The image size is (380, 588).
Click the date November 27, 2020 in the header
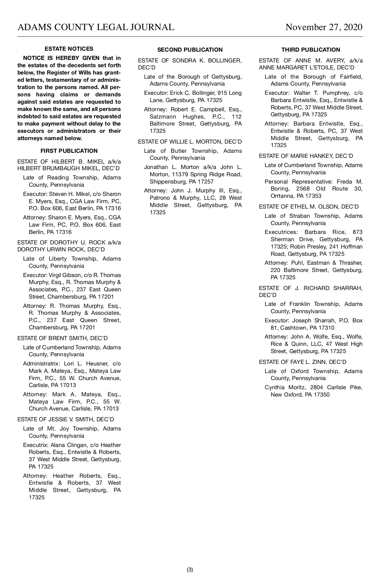pyautogui.click(x=324, y=27)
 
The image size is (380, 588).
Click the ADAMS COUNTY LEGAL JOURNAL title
pyautogui.click(x=96, y=27)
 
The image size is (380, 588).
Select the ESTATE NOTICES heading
pyautogui.click(x=69, y=49)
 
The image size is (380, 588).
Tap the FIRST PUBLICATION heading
pyautogui.click(x=69, y=151)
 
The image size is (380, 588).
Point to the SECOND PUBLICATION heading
pyautogui.click(x=190, y=50)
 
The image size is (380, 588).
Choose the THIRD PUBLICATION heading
pyautogui.click(x=311, y=50)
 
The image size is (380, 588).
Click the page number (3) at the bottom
pyautogui.click(x=190, y=570)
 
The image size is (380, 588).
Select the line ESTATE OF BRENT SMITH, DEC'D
pyautogui.click(x=62, y=338)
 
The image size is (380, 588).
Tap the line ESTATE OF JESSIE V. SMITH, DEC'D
pyautogui.click(x=66, y=419)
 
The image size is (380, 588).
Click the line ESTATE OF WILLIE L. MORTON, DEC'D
pyautogui.click(x=190, y=142)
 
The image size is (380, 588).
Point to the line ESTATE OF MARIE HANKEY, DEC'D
pyautogui.click(x=306, y=156)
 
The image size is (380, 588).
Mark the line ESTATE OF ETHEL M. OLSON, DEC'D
pyautogui.click(x=309, y=207)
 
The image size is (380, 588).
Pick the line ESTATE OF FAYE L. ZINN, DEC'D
pyautogui.click(x=303, y=362)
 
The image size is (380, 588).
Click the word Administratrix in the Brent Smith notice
pyautogui.click(x=41, y=364)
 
